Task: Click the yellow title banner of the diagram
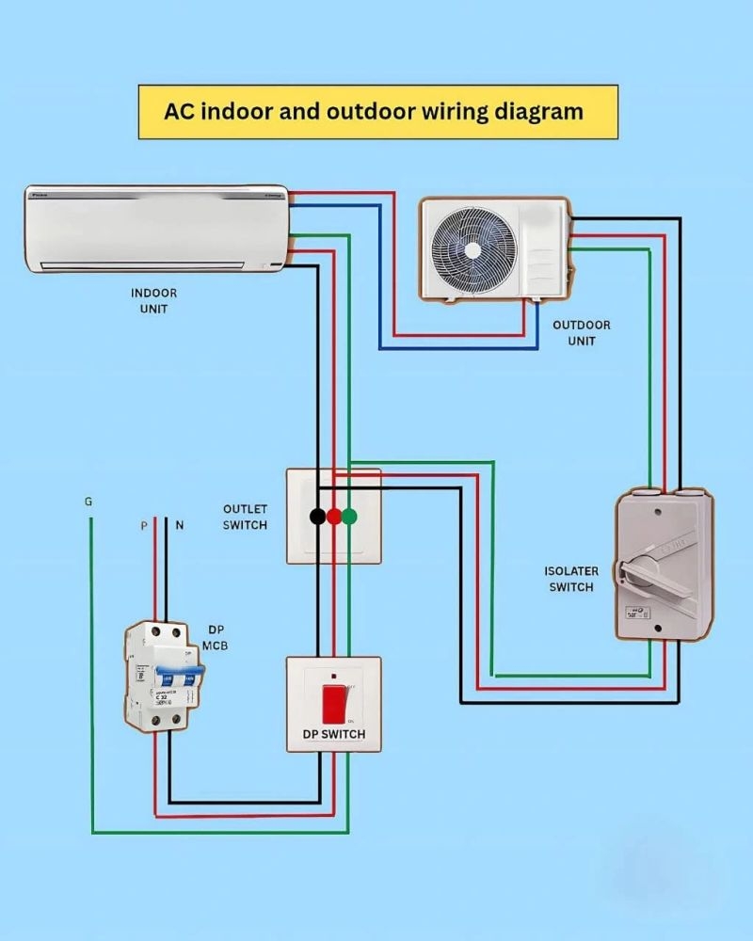click(377, 112)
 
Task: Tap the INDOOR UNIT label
click(153, 300)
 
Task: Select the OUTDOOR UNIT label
click(581, 332)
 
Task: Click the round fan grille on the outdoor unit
click(470, 248)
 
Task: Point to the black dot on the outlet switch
click(318, 516)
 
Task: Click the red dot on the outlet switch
click(333, 516)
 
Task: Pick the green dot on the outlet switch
click(349, 516)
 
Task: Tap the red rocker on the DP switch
click(334, 703)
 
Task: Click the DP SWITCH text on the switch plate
click(334, 734)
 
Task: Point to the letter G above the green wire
click(88, 502)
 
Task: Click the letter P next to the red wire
click(144, 526)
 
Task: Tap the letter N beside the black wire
click(179, 526)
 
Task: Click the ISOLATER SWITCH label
click(570, 579)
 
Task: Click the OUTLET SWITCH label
click(245, 517)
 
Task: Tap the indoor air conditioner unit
click(155, 229)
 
